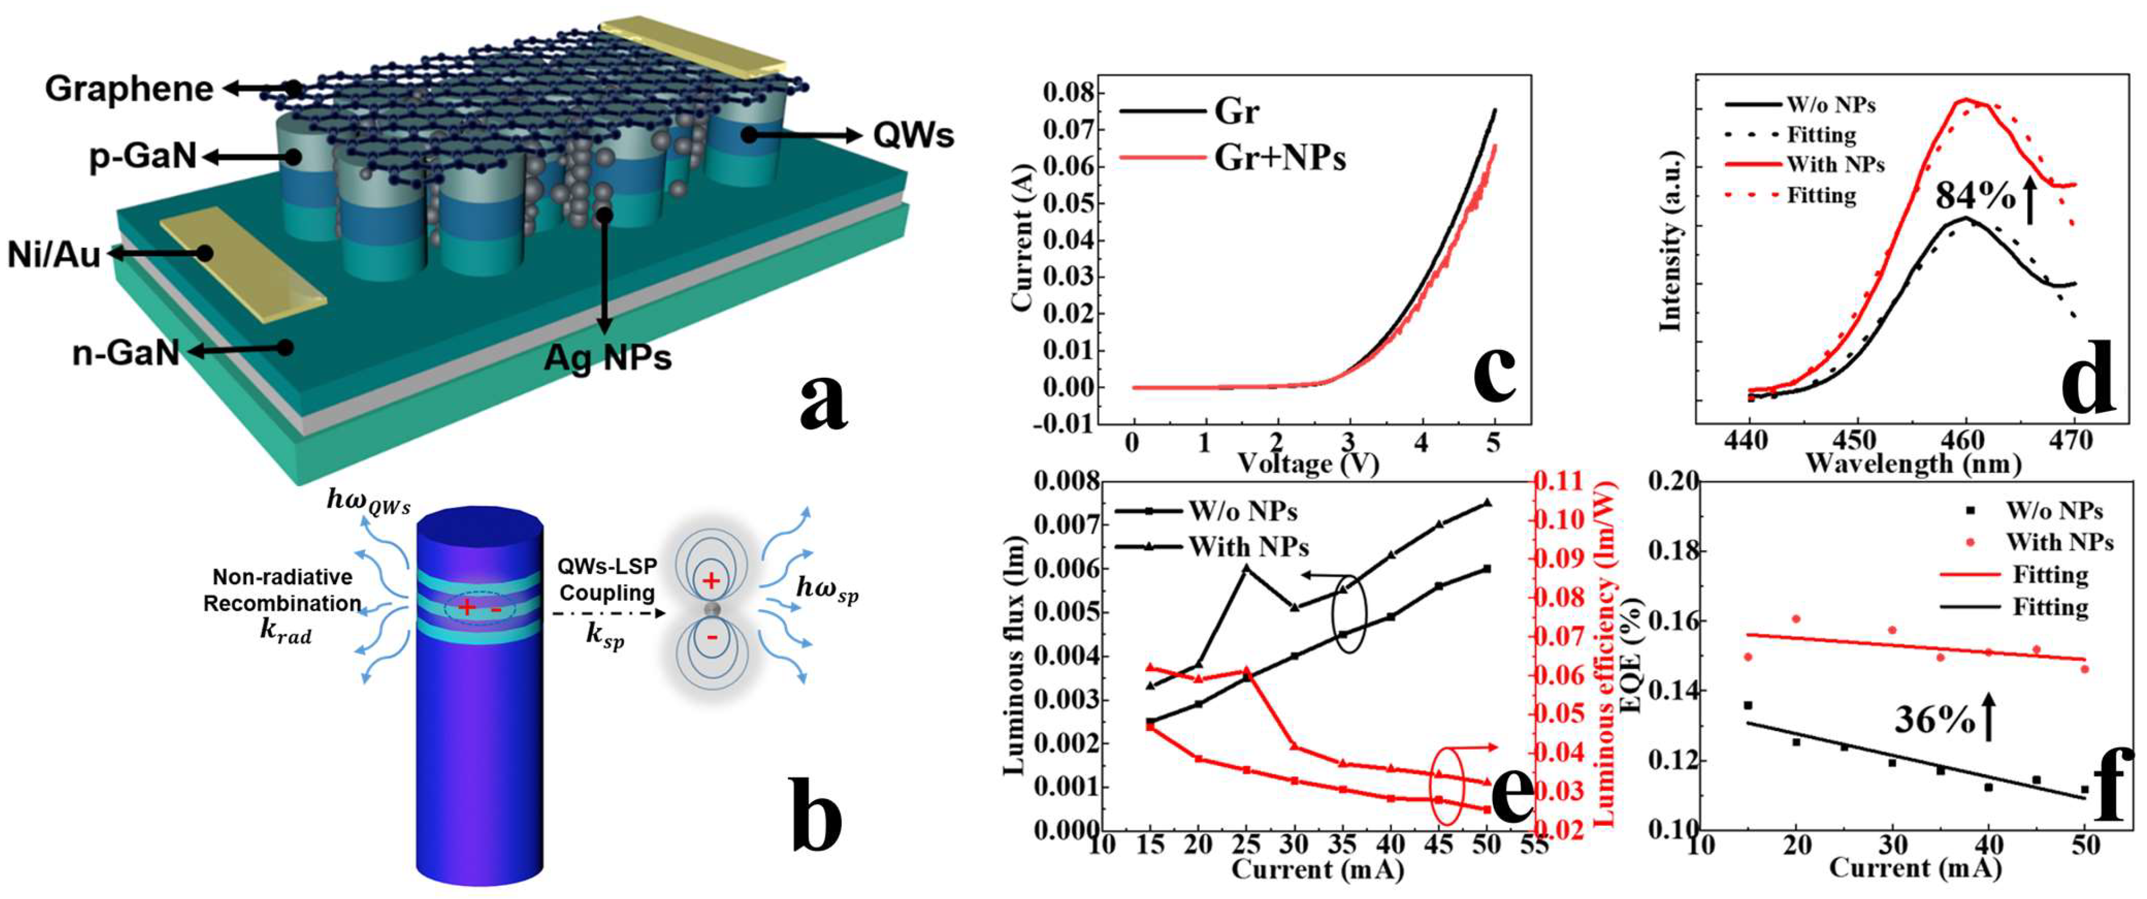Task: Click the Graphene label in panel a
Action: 128,89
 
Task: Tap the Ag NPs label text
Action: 607,357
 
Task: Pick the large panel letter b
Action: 814,815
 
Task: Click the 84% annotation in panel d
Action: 1975,197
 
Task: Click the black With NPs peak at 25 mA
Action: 1246,568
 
